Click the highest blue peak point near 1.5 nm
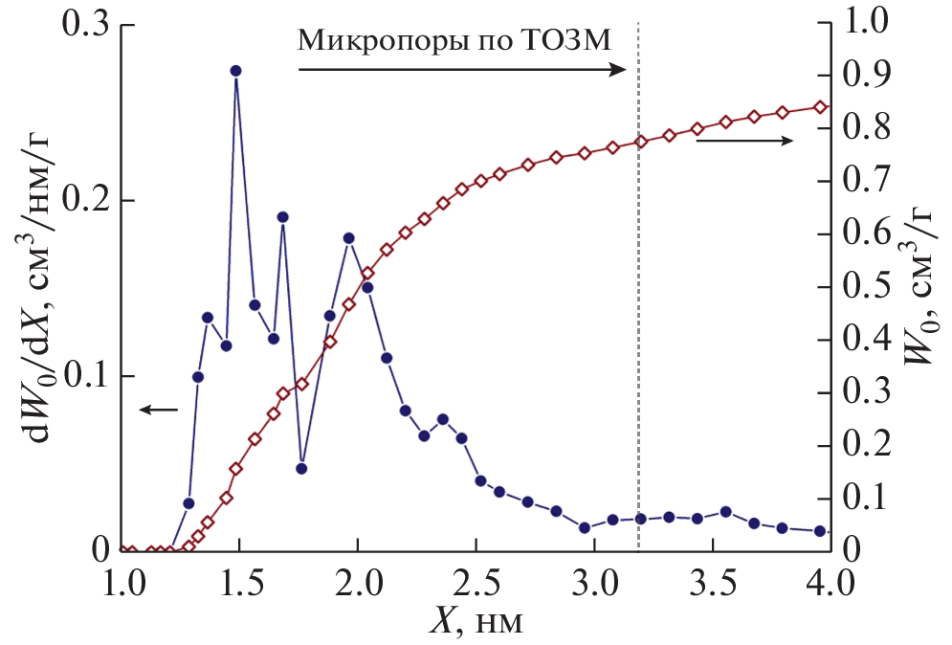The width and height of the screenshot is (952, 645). (x=235, y=71)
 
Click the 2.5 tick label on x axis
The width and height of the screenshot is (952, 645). (x=475, y=583)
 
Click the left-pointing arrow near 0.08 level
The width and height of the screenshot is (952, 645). (x=158, y=410)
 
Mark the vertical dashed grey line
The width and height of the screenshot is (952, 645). (x=638, y=335)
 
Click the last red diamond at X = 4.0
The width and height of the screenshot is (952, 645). (x=821, y=106)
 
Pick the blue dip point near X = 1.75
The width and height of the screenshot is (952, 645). (x=301, y=469)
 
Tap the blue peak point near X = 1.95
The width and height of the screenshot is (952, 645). (x=349, y=237)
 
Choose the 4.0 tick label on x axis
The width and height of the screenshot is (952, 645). (x=830, y=583)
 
